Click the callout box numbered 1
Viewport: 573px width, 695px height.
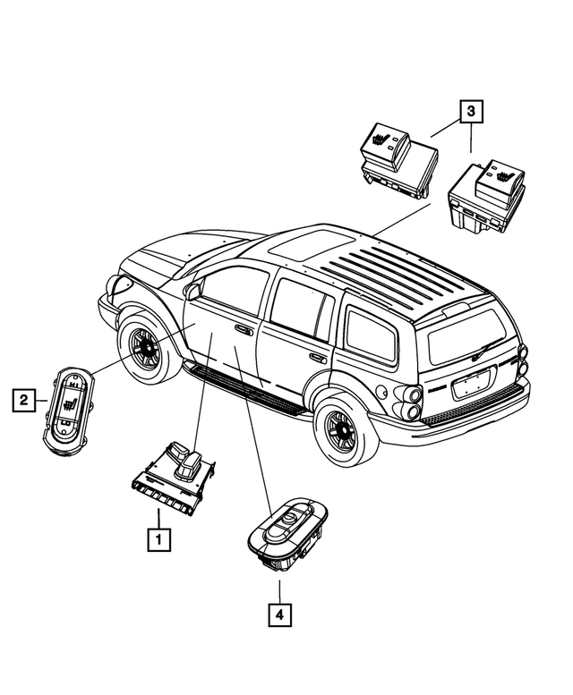[x=157, y=538]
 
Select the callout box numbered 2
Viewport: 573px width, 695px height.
[x=23, y=399]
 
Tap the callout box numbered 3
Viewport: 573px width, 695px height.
[x=471, y=112]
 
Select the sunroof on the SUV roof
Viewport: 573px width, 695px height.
[x=304, y=241]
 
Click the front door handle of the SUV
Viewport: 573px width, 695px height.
[x=243, y=330]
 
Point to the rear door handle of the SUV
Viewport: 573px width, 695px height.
[x=318, y=357]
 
